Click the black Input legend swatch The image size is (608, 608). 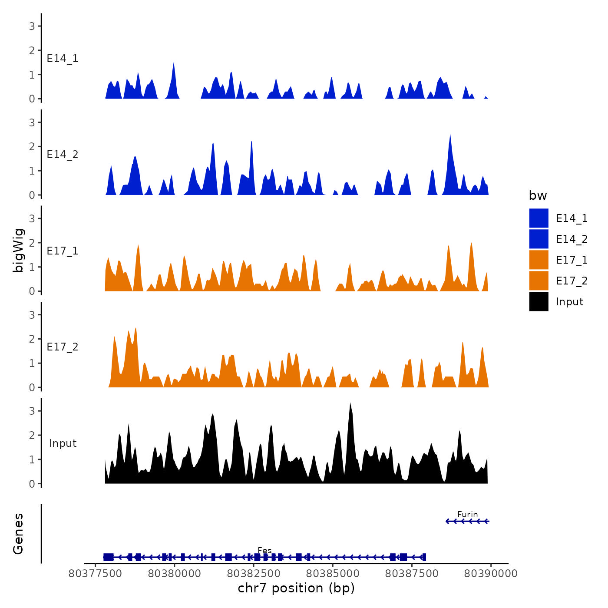click(539, 301)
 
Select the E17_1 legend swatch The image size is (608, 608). click(539, 260)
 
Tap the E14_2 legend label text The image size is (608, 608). click(572, 239)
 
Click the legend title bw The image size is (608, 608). click(538, 195)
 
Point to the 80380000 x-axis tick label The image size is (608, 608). click(175, 574)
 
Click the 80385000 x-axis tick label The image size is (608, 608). click(333, 574)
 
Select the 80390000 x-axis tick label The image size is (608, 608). click(491, 574)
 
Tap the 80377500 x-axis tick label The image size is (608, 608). click(96, 574)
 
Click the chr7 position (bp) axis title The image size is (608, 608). click(296, 588)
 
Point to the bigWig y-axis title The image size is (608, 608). click(18, 250)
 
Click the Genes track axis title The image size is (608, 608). click(18, 534)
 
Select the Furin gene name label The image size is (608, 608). click(467, 515)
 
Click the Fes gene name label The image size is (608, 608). click(264, 551)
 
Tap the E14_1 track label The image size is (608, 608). click(63, 59)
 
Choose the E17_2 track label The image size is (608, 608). click(63, 347)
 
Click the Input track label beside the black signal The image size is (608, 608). click(63, 443)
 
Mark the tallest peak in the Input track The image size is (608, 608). click(350, 404)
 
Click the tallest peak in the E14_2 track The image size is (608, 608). click(450, 135)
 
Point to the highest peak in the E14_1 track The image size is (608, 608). click(174, 63)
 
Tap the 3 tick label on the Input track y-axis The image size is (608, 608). click(32, 411)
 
